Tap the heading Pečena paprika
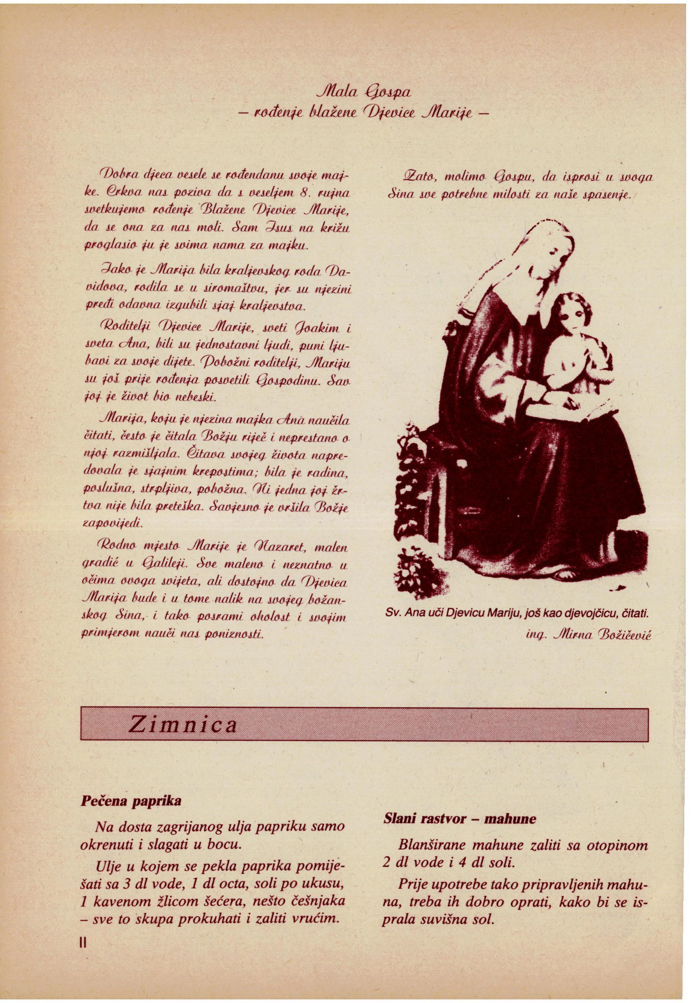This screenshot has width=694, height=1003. [131, 801]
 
